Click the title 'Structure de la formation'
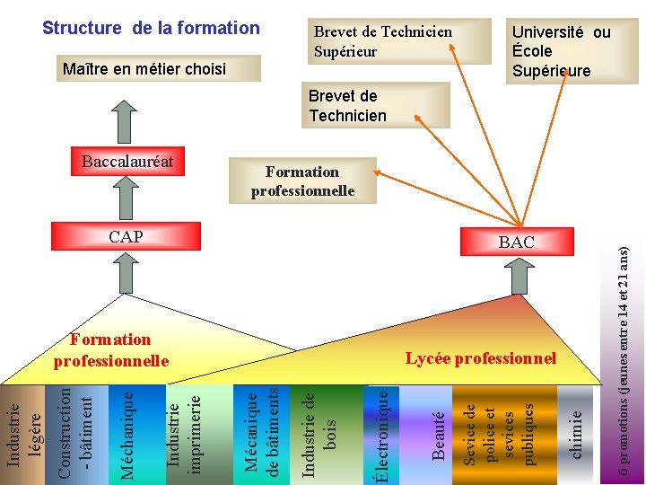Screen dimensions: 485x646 tap(151, 28)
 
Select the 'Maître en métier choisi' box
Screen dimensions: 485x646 tap(144, 69)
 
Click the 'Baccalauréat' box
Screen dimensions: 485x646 tap(127, 163)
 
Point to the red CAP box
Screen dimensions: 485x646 tap(126, 237)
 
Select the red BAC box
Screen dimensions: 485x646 tap(516, 242)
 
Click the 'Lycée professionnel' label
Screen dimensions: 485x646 tap(481, 358)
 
